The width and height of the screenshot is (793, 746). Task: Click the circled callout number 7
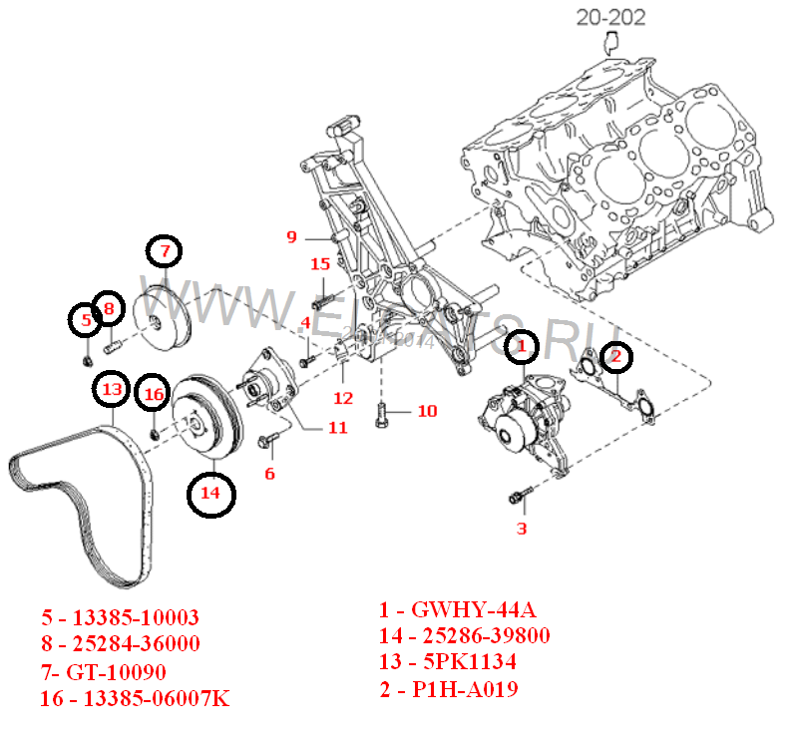166,250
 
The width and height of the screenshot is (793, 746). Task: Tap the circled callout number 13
113,388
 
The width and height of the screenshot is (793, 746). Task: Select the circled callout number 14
209,492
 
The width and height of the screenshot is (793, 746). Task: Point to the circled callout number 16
153,395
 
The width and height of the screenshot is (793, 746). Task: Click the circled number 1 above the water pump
521,347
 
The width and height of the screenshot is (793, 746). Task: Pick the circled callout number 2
615,356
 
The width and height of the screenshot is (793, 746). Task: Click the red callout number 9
292,237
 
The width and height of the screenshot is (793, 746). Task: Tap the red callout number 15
319,264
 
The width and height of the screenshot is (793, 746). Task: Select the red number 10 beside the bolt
426,411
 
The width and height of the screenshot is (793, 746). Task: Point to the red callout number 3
521,529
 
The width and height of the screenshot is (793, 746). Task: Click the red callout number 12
343,398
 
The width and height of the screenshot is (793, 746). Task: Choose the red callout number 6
269,474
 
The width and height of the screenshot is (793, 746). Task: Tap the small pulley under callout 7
163,318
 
